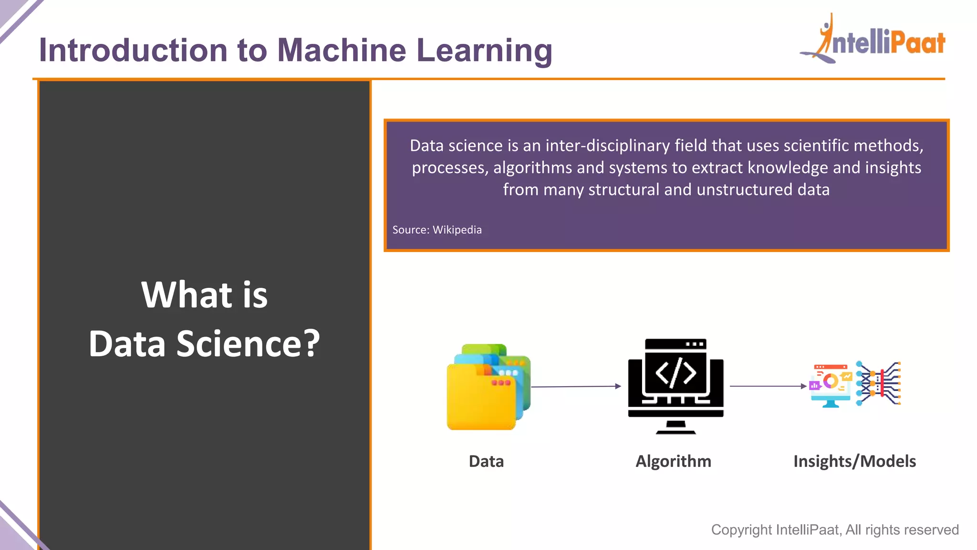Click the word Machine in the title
tap(341, 51)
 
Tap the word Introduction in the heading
tap(133, 51)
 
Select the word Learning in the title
tap(484, 51)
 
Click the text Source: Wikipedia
tap(437, 230)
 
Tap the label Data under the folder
tap(486, 461)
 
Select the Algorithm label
tap(673, 461)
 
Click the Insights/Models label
tap(854, 461)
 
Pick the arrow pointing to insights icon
tap(768, 386)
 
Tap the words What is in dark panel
tap(204, 295)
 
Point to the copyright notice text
tap(834, 529)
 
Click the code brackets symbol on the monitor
tap(676, 372)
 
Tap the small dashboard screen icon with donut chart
tap(831, 384)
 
